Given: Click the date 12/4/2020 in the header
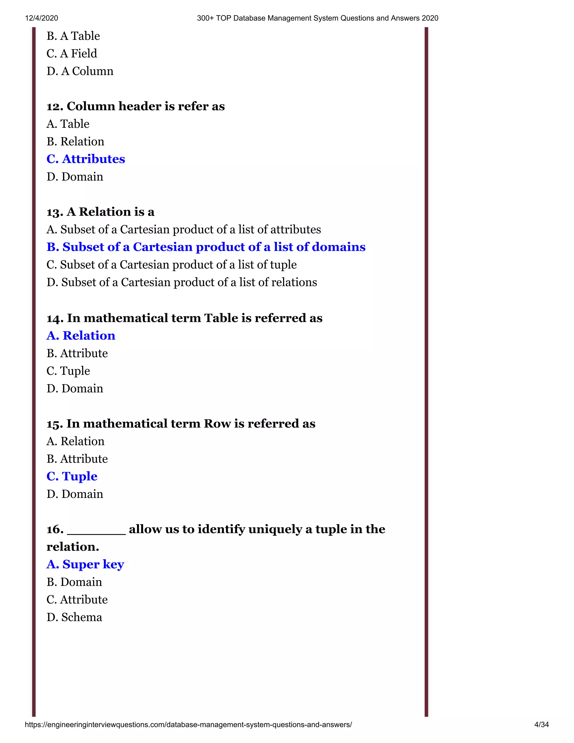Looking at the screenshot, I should [x=41, y=18].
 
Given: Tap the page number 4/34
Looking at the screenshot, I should [x=541, y=724].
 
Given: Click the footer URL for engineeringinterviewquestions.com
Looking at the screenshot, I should [x=188, y=724].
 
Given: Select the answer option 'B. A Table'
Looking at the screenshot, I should [x=73, y=36].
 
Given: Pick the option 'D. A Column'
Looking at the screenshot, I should [x=80, y=71].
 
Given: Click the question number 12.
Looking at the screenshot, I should [x=54, y=107].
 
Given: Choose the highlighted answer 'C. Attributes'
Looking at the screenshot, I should [x=86, y=159].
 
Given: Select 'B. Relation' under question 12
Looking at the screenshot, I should [x=75, y=141].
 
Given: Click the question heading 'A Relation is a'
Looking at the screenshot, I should [x=110, y=212].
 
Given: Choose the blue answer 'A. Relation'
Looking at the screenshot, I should [x=81, y=336].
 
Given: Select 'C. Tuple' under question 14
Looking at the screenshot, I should [x=68, y=371].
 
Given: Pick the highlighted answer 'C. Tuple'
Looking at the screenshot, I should [x=72, y=476].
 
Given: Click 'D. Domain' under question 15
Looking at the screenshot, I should [x=75, y=494].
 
